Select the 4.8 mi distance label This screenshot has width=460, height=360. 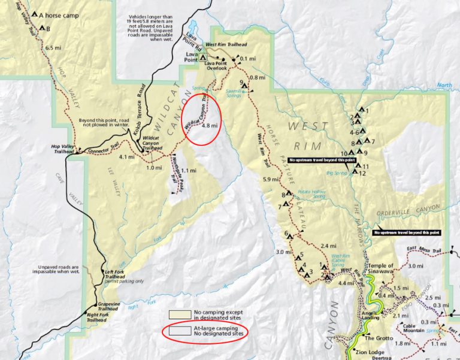[x=209, y=126]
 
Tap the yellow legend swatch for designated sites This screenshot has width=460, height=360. [x=179, y=314]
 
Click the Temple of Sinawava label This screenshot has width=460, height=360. [x=381, y=269]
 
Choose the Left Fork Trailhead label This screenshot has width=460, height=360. [x=114, y=274]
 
